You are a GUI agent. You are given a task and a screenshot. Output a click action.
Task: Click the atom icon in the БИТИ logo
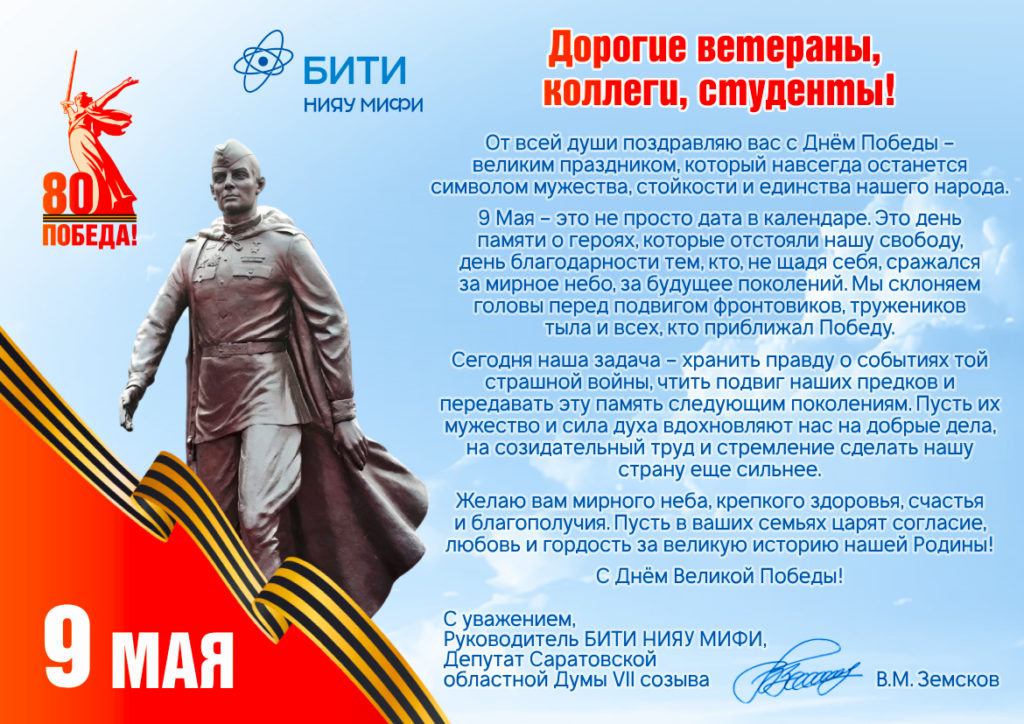coord(263,61)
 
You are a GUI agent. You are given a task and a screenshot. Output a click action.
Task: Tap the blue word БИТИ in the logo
coord(355,70)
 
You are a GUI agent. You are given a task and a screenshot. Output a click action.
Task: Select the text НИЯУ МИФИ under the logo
coord(363,104)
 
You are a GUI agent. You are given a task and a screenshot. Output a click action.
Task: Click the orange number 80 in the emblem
coord(69,194)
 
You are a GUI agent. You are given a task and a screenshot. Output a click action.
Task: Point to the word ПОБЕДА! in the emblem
coord(89,235)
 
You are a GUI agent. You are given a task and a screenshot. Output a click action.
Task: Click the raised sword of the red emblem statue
coord(71,75)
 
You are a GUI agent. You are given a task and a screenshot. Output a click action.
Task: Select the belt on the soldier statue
coord(243,348)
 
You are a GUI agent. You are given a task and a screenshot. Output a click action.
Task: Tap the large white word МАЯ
coord(172,659)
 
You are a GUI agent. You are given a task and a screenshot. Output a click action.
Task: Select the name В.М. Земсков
coord(937,680)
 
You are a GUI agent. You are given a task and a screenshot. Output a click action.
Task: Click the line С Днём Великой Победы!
coord(720,576)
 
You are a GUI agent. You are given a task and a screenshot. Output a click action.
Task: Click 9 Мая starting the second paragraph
coord(506,217)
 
